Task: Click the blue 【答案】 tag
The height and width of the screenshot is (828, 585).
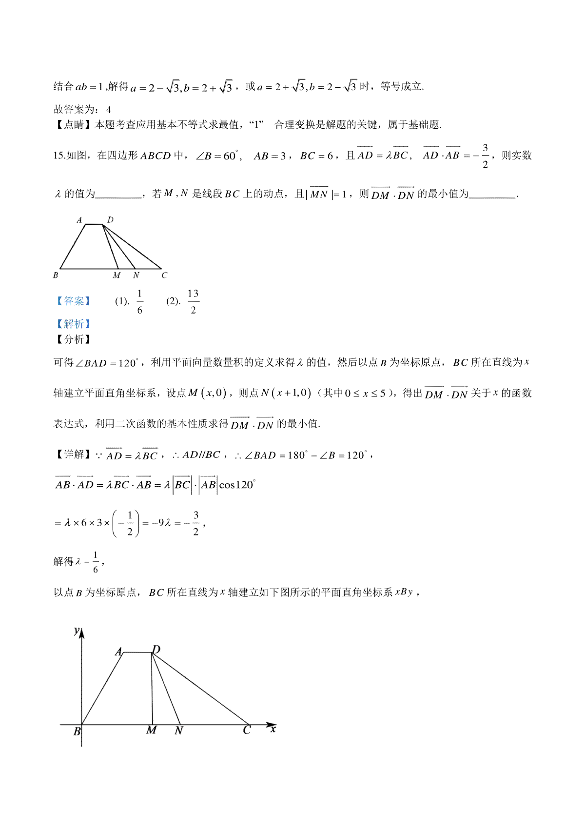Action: click(x=74, y=301)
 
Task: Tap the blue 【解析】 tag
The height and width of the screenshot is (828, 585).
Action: click(x=74, y=324)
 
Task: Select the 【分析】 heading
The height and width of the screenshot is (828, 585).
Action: click(x=74, y=339)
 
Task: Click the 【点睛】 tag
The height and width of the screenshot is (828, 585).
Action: click(x=74, y=125)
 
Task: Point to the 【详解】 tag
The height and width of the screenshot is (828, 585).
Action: click(x=74, y=455)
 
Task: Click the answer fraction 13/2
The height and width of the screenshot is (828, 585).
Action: click(x=193, y=301)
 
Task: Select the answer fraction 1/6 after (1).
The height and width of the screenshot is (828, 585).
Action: click(x=139, y=301)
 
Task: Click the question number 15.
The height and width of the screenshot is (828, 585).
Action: click(x=59, y=156)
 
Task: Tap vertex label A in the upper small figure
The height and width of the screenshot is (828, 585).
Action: click(x=79, y=220)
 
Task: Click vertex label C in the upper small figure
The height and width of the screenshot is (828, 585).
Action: click(x=164, y=276)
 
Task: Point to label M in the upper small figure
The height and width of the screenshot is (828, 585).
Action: click(x=117, y=276)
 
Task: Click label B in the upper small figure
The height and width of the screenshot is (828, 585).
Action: click(x=56, y=276)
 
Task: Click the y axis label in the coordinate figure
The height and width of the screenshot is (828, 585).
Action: click(x=77, y=631)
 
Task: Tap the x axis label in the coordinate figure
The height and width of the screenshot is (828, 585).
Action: click(x=273, y=729)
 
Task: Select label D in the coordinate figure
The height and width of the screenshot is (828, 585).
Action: click(x=156, y=650)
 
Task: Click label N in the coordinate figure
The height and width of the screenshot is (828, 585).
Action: click(x=178, y=730)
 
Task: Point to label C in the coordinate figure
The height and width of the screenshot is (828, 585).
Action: click(x=247, y=730)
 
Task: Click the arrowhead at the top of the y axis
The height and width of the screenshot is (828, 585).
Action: click(x=82, y=633)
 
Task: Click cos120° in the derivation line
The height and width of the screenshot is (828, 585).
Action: click(x=237, y=485)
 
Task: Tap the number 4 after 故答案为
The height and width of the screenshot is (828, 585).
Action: click(x=109, y=110)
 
